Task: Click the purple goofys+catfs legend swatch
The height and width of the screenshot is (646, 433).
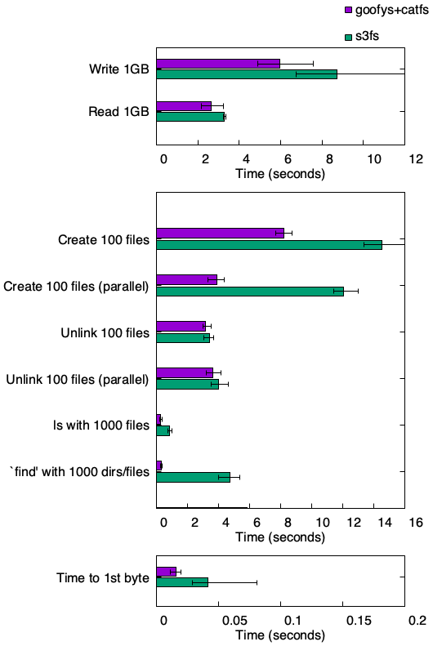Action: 348,10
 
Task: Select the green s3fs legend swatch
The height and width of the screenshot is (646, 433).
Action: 348,37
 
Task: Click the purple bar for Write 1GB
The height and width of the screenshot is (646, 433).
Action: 218,64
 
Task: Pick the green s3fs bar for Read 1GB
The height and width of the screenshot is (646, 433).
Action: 190,117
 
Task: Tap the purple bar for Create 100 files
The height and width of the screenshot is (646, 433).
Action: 220,234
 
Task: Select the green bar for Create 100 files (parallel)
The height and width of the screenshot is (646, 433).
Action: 250,292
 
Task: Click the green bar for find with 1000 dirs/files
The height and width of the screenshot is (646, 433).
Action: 194,477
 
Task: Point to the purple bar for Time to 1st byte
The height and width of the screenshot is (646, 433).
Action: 167,572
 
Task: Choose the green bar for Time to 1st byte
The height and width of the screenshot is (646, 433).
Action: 182,582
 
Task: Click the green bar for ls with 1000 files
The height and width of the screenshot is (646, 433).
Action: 163,430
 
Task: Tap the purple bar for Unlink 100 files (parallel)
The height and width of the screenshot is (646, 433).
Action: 185,373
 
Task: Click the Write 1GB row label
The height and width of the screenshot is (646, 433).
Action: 119,69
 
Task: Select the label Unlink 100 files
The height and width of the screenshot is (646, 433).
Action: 105,332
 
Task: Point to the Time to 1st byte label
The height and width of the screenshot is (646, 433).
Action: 103,578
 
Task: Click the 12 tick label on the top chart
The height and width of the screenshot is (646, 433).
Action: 416,159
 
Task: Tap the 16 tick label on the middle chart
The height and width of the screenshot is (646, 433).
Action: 416,523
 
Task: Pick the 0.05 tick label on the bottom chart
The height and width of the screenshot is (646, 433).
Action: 234,621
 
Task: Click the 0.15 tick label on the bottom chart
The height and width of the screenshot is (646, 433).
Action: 359,621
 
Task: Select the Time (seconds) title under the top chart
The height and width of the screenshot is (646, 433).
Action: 280,173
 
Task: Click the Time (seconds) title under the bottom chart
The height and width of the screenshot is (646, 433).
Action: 280,635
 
